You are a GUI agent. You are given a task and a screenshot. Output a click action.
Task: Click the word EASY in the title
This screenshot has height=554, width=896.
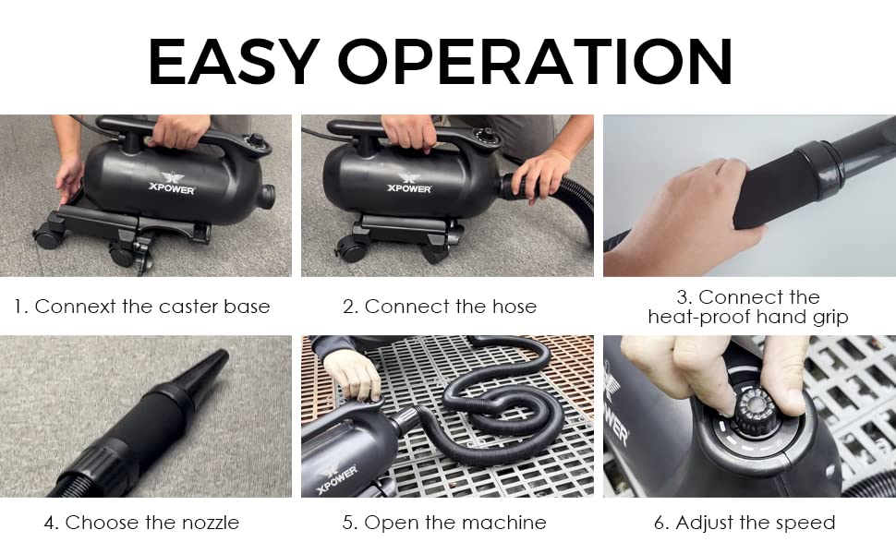pyautogui.click(x=233, y=62)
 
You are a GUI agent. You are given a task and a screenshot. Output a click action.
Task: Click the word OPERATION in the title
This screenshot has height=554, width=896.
pyautogui.click(x=536, y=62)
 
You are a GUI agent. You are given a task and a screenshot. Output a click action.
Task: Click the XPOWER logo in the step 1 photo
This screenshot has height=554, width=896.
pyautogui.click(x=172, y=184)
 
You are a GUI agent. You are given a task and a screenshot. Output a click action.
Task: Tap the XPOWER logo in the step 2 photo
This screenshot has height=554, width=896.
pyautogui.click(x=409, y=183)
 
